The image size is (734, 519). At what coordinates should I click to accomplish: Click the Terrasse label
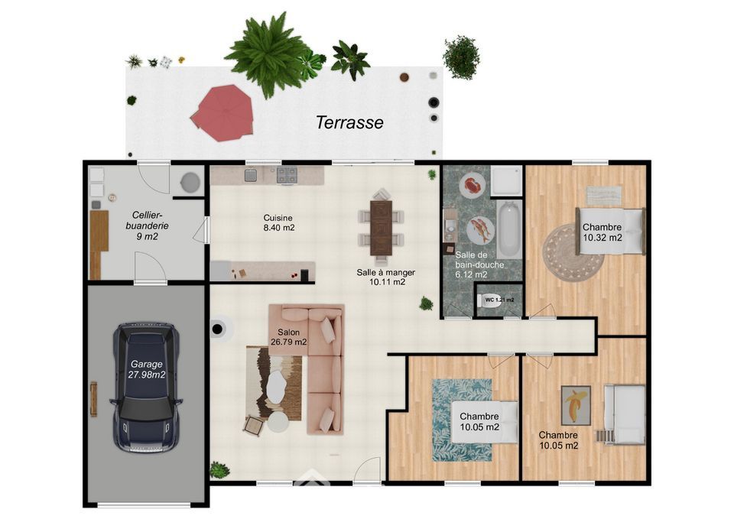pyautogui.click(x=349, y=122)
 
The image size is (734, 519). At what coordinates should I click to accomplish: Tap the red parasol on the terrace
pyautogui.click(x=222, y=113)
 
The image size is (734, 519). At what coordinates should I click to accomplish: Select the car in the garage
pyautogui.click(x=145, y=388)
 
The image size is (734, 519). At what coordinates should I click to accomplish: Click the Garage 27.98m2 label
pyautogui.click(x=147, y=369)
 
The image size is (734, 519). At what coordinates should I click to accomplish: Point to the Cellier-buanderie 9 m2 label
pyautogui.click(x=147, y=225)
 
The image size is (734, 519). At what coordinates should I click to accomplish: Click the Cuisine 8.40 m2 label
pyautogui.click(x=278, y=222)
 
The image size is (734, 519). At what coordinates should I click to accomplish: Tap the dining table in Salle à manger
pyautogui.click(x=381, y=228)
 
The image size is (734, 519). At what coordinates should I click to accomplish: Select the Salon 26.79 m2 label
pyautogui.click(x=288, y=337)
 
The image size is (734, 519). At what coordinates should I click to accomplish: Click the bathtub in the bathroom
pyautogui.click(x=508, y=229)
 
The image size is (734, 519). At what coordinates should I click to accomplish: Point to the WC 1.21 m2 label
pyautogui.click(x=499, y=300)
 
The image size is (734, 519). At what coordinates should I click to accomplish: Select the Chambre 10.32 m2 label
pyautogui.click(x=602, y=232)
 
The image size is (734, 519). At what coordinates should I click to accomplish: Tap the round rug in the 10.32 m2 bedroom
pyautogui.click(x=573, y=253)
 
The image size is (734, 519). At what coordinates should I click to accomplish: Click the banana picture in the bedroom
pyautogui.click(x=576, y=405)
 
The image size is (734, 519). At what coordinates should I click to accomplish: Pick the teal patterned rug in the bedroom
pyautogui.click(x=462, y=420)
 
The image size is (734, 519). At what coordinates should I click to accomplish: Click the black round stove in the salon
pyautogui.click(x=217, y=329)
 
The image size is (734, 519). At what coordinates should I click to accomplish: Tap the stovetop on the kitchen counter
pyautogui.click(x=287, y=175)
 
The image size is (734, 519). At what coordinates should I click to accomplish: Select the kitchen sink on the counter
pyautogui.click(x=251, y=175)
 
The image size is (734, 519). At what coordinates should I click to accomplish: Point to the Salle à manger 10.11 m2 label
pyautogui.click(x=385, y=277)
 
